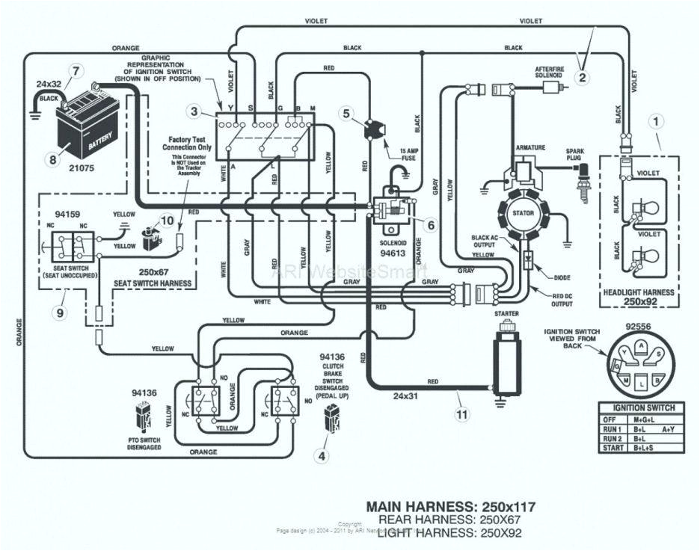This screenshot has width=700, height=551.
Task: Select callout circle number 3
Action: (x=194, y=112)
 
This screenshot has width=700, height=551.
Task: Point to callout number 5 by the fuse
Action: (x=346, y=114)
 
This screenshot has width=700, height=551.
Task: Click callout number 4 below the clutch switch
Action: (x=323, y=455)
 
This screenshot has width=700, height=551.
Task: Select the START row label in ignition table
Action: (x=612, y=448)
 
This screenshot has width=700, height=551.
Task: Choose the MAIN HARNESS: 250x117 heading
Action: (x=450, y=506)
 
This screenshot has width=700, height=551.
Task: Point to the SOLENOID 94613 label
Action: (x=393, y=248)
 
